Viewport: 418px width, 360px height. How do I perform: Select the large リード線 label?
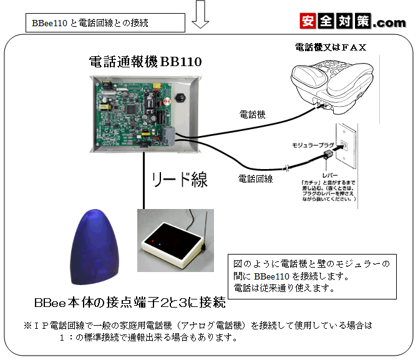[x=180, y=181]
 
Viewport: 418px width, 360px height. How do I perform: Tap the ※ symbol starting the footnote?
[x=27, y=326]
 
